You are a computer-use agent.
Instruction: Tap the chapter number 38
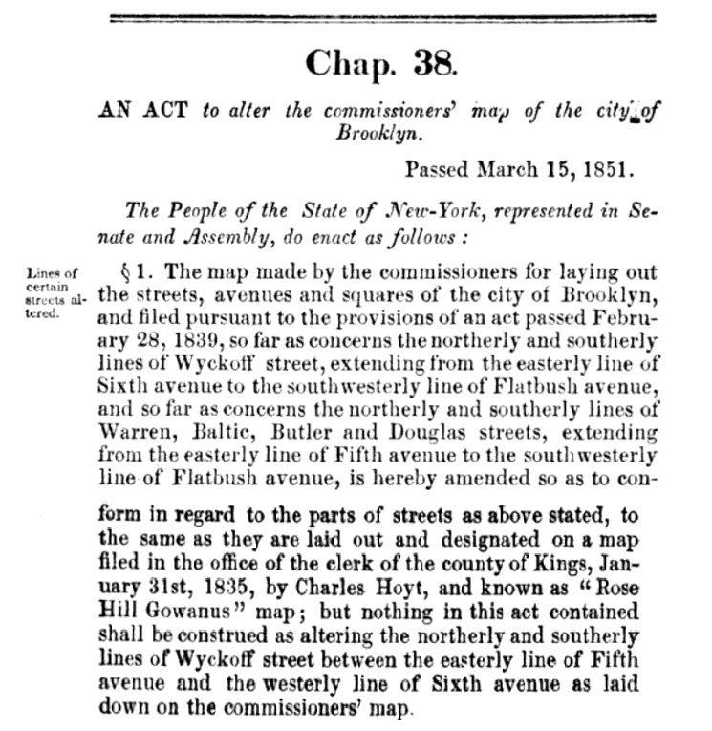click(434, 64)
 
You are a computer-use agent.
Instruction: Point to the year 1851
click(608, 171)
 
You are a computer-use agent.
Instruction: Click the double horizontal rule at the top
click(383, 16)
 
